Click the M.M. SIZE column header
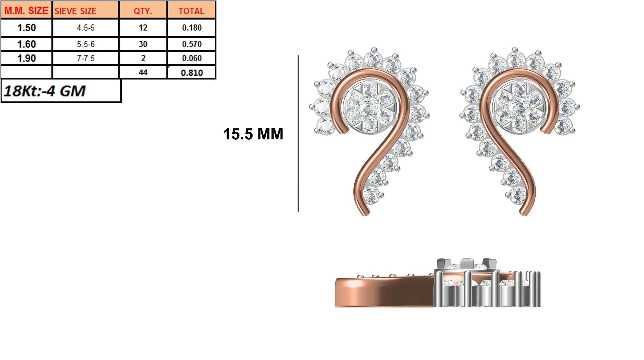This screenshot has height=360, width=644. point(26,11)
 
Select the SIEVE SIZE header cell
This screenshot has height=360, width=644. point(85,11)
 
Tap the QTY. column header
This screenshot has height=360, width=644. point(143,11)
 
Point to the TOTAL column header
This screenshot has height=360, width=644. point(192,11)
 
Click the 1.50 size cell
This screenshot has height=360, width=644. point(26,28)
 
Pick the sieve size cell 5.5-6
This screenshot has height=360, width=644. point(86,44)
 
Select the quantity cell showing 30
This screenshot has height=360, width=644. point(143,44)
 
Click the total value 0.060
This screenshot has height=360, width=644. point(192,58)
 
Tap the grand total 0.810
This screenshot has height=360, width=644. point(192,73)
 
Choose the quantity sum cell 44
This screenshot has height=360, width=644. point(143,73)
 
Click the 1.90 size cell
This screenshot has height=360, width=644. point(26,58)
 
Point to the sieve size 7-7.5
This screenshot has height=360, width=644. point(86,58)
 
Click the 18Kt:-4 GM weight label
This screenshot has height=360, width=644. point(45,91)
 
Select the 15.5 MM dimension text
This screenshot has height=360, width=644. point(253,134)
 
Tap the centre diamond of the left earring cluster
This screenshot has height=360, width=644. point(370,107)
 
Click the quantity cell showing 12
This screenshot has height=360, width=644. point(143,28)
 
